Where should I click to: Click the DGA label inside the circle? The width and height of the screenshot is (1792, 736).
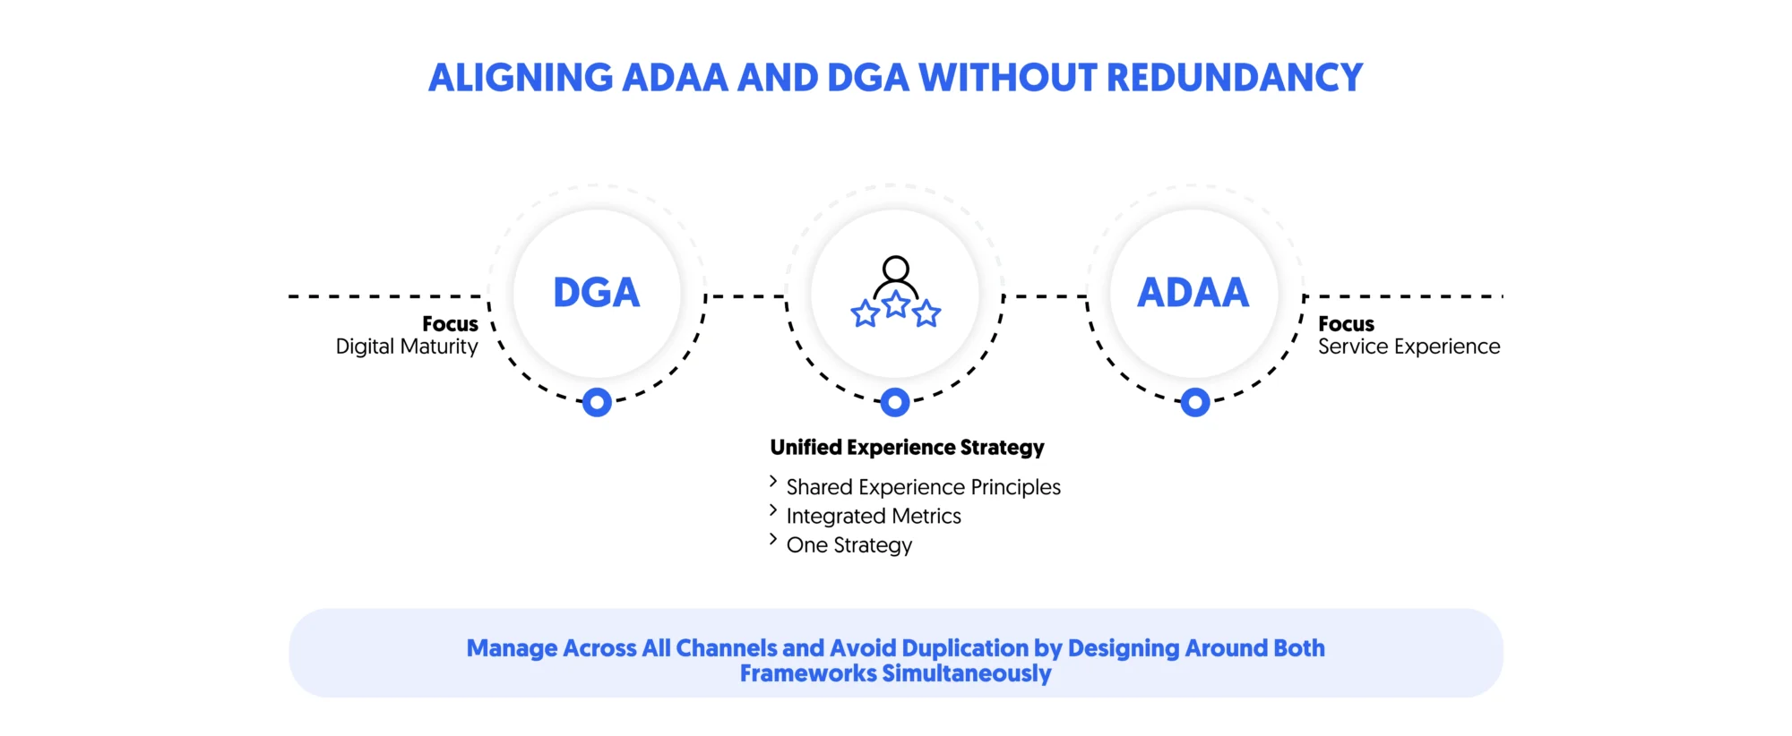coord(596,293)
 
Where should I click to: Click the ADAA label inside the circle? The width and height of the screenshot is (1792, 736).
coord(1193,293)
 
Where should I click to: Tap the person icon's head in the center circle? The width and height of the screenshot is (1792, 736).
coord(895,268)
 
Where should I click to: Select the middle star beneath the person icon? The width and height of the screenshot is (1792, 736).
coord(896,304)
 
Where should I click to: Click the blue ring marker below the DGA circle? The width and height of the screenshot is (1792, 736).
coord(597,402)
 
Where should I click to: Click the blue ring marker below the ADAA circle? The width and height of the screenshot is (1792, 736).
coord(1194,402)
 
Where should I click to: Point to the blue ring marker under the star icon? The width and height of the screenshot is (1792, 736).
coord(895,402)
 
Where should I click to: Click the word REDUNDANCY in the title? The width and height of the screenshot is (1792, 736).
coord(1235,78)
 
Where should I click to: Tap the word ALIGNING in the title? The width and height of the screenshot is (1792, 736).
coord(520,78)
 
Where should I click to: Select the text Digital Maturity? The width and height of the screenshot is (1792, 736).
coord(407,347)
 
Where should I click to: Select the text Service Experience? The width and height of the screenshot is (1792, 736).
coord(1409,347)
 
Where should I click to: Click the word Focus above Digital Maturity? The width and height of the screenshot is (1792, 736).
coord(450,323)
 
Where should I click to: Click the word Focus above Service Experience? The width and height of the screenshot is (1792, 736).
coord(1346,323)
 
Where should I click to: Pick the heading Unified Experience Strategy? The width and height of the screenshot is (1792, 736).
coord(907,447)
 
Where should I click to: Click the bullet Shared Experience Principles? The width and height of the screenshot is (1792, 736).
coord(923,487)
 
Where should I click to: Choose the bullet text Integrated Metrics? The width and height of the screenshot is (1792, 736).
coord(874,516)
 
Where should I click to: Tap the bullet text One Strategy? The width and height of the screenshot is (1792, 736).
coord(849,545)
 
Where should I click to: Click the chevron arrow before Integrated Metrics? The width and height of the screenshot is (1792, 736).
coord(773,510)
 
